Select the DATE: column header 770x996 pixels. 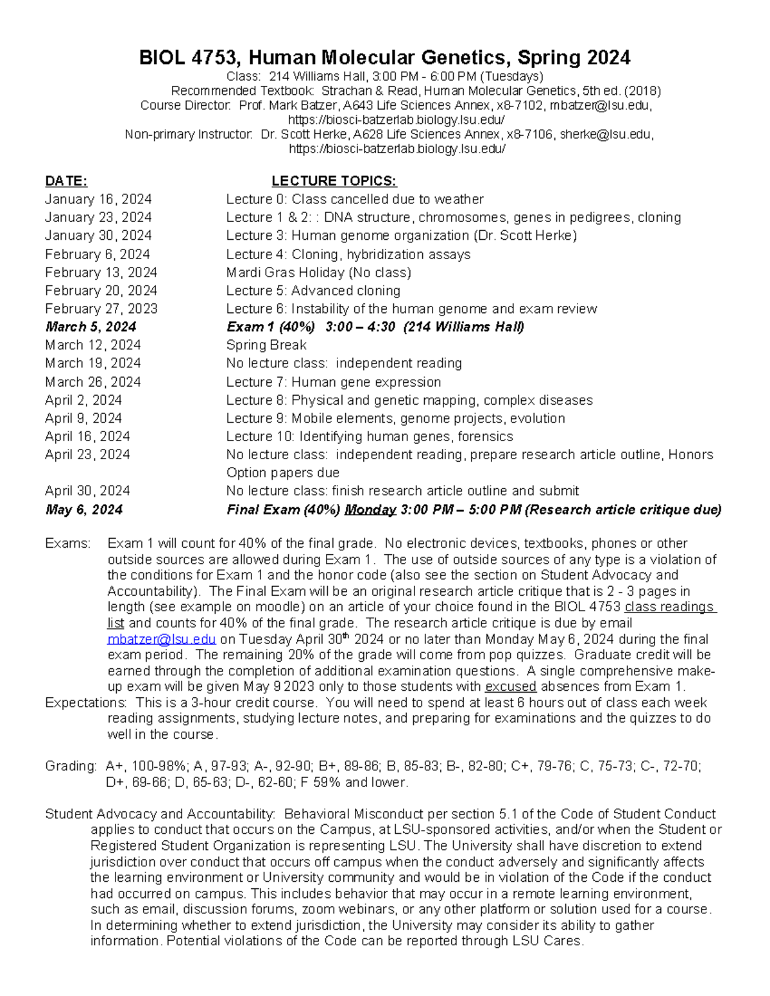click(x=66, y=181)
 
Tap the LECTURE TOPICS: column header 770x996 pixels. click(x=334, y=181)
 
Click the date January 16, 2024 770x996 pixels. click(x=98, y=199)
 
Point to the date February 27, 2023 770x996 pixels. click(x=101, y=308)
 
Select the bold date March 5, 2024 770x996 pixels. click(x=90, y=327)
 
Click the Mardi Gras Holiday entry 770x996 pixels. click(x=318, y=273)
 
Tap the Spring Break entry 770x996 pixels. click(x=266, y=345)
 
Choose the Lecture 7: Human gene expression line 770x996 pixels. click(x=333, y=382)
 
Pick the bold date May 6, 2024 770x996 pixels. click(x=83, y=510)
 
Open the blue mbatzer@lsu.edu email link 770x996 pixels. click(x=161, y=639)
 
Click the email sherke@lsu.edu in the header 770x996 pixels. click(x=606, y=135)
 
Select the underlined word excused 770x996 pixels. click(x=510, y=687)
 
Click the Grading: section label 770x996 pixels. click(x=71, y=766)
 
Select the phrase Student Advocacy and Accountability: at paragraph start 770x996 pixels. click(x=160, y=815)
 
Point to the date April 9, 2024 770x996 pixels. click(x=83, y=418)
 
